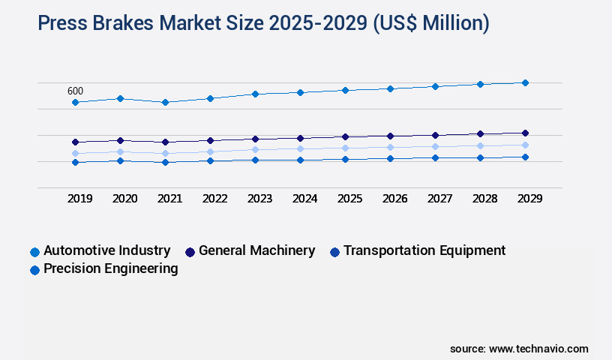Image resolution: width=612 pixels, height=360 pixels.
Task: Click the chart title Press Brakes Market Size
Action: pyautogui.click(x=263, y=23)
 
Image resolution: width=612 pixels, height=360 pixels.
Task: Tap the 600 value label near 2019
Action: pyautogui.click(x=75, y=91)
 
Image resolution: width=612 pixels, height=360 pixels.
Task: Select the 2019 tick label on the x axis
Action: pyautogui.click(x=79, y=199)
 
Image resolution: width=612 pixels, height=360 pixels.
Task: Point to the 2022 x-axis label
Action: pyautogui.click(x=214, y=199)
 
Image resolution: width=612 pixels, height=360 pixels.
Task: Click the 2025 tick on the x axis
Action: pyautogui.click(x=349, y=199)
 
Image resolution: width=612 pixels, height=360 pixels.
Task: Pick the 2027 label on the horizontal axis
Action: pyautogui.click(x=439, y=199)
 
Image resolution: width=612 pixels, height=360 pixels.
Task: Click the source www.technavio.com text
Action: pyautogui.click(x=519, y=349)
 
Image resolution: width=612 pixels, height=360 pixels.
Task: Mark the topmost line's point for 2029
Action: pyautogui.click(x=525, y=82)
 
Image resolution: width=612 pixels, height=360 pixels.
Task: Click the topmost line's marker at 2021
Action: pyautogui.click(x=165, y=102)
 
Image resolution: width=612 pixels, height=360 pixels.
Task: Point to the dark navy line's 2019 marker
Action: pyautogui.click(x=75, y=142)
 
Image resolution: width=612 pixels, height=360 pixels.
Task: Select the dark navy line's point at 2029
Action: pyautogui.click(x=525, y=133)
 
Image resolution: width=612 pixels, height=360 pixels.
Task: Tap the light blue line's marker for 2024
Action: pyautogui.click(x=300, y=148)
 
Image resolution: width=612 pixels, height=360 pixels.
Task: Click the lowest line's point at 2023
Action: pyautogui.click(x=255, y=160)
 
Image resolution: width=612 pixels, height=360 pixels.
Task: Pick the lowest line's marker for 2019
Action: pyautogui.click(x=75, y=162)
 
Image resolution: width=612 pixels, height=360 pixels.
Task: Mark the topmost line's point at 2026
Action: pyautogui.click(x=390, y=88)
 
